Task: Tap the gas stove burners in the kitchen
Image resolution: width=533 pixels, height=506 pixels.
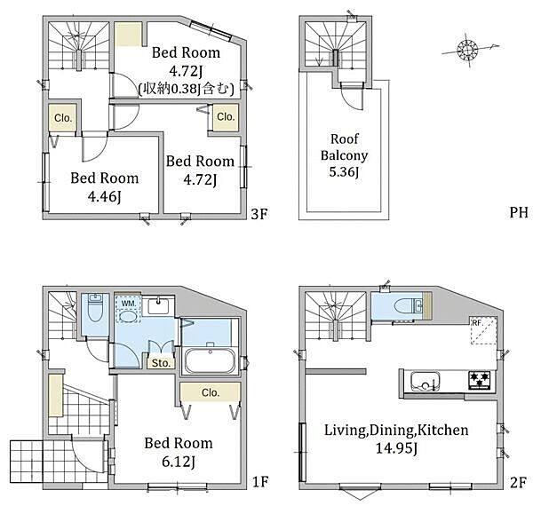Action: click(480, 380)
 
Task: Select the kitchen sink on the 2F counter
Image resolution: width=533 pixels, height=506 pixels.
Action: click(425, 381)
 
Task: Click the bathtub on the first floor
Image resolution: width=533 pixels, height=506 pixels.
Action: click(210, 360)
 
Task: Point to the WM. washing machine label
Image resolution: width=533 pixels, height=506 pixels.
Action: click(128, 304)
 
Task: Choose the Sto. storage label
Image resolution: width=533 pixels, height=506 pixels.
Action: click(161, 363)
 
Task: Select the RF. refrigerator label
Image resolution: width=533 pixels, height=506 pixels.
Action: click(478, 322)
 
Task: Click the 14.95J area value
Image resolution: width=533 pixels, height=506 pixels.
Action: click(396, 448)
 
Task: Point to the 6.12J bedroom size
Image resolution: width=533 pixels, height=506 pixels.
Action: click(179, 462)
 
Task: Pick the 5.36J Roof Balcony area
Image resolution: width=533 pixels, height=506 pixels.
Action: click(344, 172)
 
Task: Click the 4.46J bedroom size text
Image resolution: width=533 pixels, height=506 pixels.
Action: click(104, 196)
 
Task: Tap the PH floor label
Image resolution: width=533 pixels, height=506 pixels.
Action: click(519, 212)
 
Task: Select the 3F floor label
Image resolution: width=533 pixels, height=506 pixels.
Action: click(259, 214)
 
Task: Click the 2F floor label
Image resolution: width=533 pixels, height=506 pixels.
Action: click(519, 482)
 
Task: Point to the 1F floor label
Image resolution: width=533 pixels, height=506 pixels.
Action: click(260, 481)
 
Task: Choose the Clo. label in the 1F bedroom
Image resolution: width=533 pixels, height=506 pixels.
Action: click(211, 392)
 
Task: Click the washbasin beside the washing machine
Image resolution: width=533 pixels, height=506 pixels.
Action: click(158, 305)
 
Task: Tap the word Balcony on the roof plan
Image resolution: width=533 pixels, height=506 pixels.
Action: click(344, 155)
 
